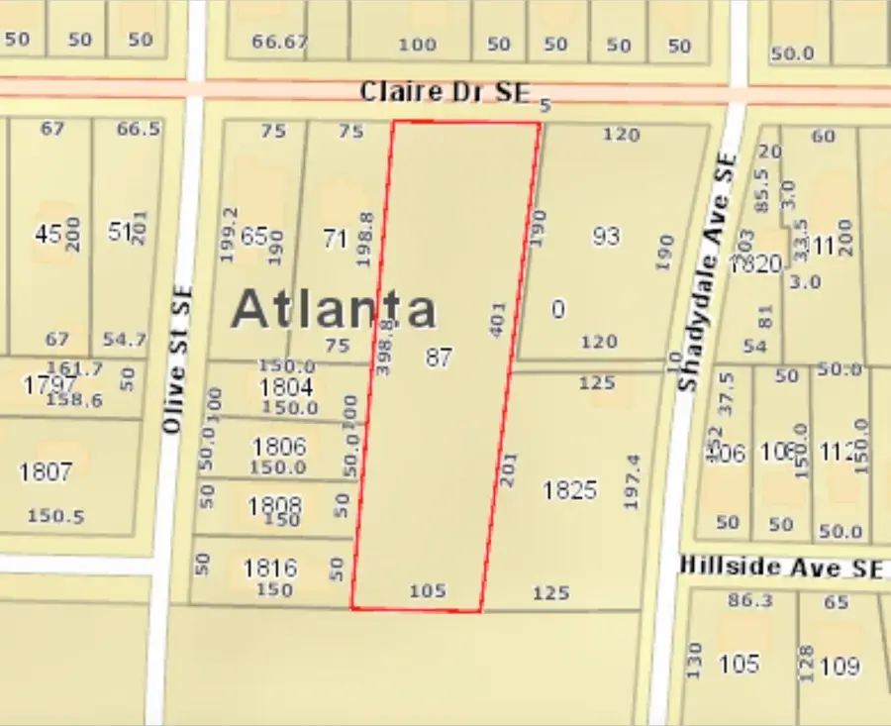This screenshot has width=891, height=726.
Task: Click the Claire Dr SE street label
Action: pos(445,92)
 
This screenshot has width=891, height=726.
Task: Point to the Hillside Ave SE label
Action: pos(780,568)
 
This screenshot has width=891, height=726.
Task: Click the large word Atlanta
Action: pos(334,308)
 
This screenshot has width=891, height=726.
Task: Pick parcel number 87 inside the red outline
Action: pos(439,358)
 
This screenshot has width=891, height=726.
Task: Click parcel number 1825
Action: pos(570,490)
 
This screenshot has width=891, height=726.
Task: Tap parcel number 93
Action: pos(606,236)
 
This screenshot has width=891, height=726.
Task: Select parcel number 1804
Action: pos(286,387)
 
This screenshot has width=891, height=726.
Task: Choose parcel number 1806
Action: pos(279,447)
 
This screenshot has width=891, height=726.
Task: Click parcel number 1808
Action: pos(274,506)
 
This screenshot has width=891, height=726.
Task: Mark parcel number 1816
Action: pos(270,568)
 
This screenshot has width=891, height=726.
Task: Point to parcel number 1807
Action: pos(46,471)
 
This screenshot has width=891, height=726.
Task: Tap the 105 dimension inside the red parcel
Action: pos(428,591)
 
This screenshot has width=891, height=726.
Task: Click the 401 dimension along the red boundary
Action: pos(498,320)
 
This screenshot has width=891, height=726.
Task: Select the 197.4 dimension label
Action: pos(634,482)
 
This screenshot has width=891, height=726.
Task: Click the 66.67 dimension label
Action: pos(280,42)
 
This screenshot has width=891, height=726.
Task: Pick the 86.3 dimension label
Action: pos(749,600)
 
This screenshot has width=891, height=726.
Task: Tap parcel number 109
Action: pos(840,666)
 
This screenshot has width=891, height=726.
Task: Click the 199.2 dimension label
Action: pos(229,235)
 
